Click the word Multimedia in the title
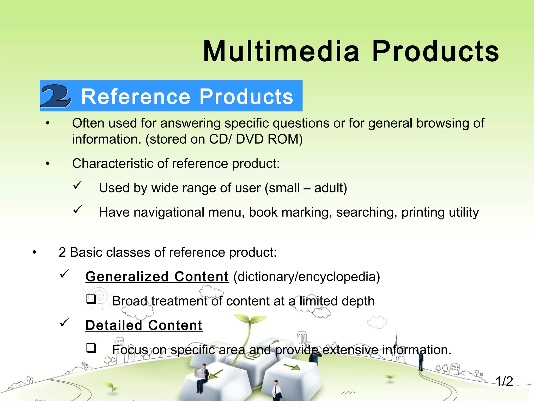click(281, 51)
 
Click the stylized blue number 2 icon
click(56, 96)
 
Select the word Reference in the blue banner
click(136, 97)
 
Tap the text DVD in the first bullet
click(250, 139)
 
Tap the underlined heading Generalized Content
click(157, 277)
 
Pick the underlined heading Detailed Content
click(144, 326)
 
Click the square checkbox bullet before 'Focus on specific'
click(91, 348)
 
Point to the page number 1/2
click(504, 381)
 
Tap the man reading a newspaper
click(202, 376)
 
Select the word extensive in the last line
click(350, 350)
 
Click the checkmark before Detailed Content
click(64, 323)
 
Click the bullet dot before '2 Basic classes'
click(34, 252)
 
